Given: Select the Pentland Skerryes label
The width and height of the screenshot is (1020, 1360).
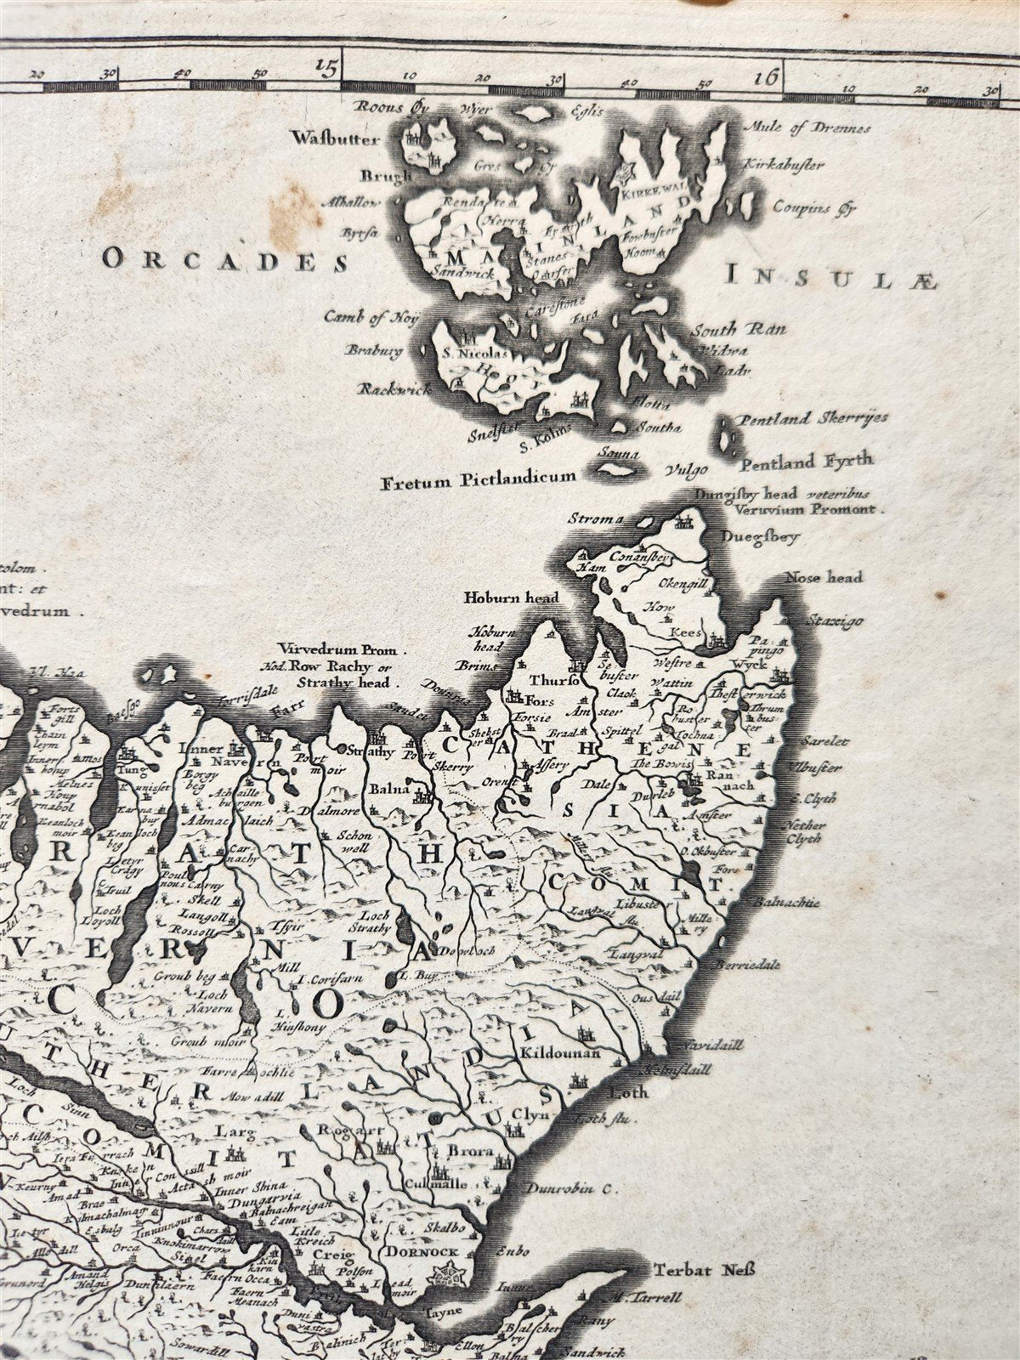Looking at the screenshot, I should click(x=802, y=418).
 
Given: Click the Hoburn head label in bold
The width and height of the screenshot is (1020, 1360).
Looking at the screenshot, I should click(x=511, y=598).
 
